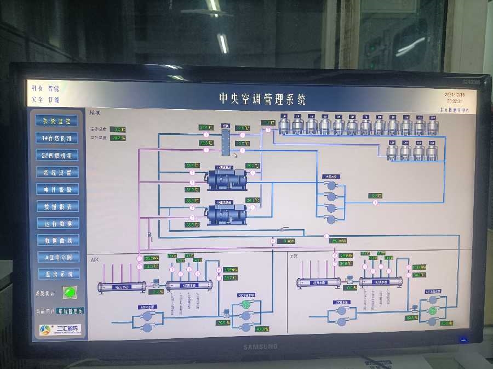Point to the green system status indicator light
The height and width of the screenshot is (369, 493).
point(69,292)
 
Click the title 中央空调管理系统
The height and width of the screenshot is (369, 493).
point(262,99)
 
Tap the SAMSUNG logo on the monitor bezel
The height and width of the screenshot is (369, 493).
point(260,347)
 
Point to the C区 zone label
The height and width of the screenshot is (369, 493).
point(294,256)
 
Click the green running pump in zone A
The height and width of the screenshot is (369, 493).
point(246,305)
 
